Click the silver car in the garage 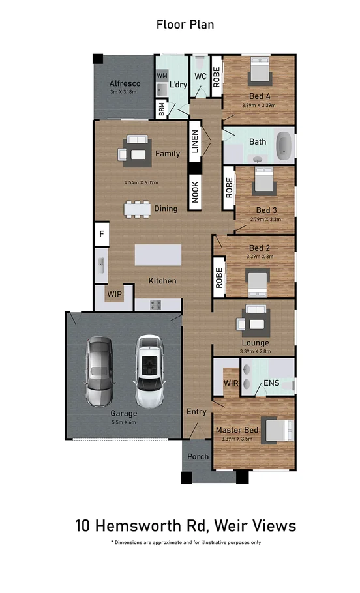[99, 372]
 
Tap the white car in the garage [148, 371]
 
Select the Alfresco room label [125, 83]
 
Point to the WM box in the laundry [162, 76]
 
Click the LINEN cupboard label [194, 141]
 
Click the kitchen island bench [158, 254]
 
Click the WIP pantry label [115, 293]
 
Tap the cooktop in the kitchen [156, 304]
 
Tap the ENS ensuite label [271, 384]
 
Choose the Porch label [198, 456]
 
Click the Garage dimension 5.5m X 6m [123, 422]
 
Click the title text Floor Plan [185, 25]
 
